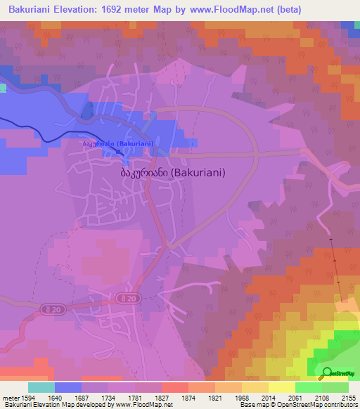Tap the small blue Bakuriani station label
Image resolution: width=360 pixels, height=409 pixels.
pos(118,143)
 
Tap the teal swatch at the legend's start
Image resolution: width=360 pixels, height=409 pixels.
pos(41,387)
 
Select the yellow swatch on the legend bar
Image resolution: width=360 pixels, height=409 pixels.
pos(281,387)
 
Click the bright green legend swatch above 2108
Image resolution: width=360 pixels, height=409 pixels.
pos(308,387)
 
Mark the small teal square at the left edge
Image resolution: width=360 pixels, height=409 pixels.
pos(3,88)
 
